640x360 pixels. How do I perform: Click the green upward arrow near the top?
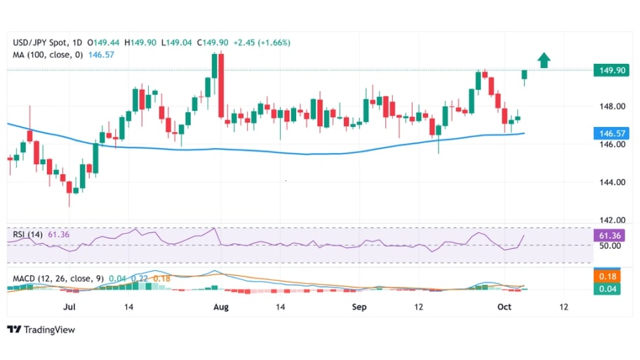tap(544, 60)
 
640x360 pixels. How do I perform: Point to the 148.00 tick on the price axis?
tap(607, 107)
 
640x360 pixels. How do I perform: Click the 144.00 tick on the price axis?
tap(607, 182)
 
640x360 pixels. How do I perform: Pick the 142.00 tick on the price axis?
tap(607, 220)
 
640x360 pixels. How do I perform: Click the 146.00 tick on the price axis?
tap(607, 145)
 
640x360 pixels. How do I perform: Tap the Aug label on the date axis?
tap(221, 307)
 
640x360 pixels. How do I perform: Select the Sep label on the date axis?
tap(359, 307)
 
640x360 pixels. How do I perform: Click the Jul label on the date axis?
tap(69, 307)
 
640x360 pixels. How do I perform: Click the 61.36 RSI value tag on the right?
tap(608, 236)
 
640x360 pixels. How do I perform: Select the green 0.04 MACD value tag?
tap(608, 288)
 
